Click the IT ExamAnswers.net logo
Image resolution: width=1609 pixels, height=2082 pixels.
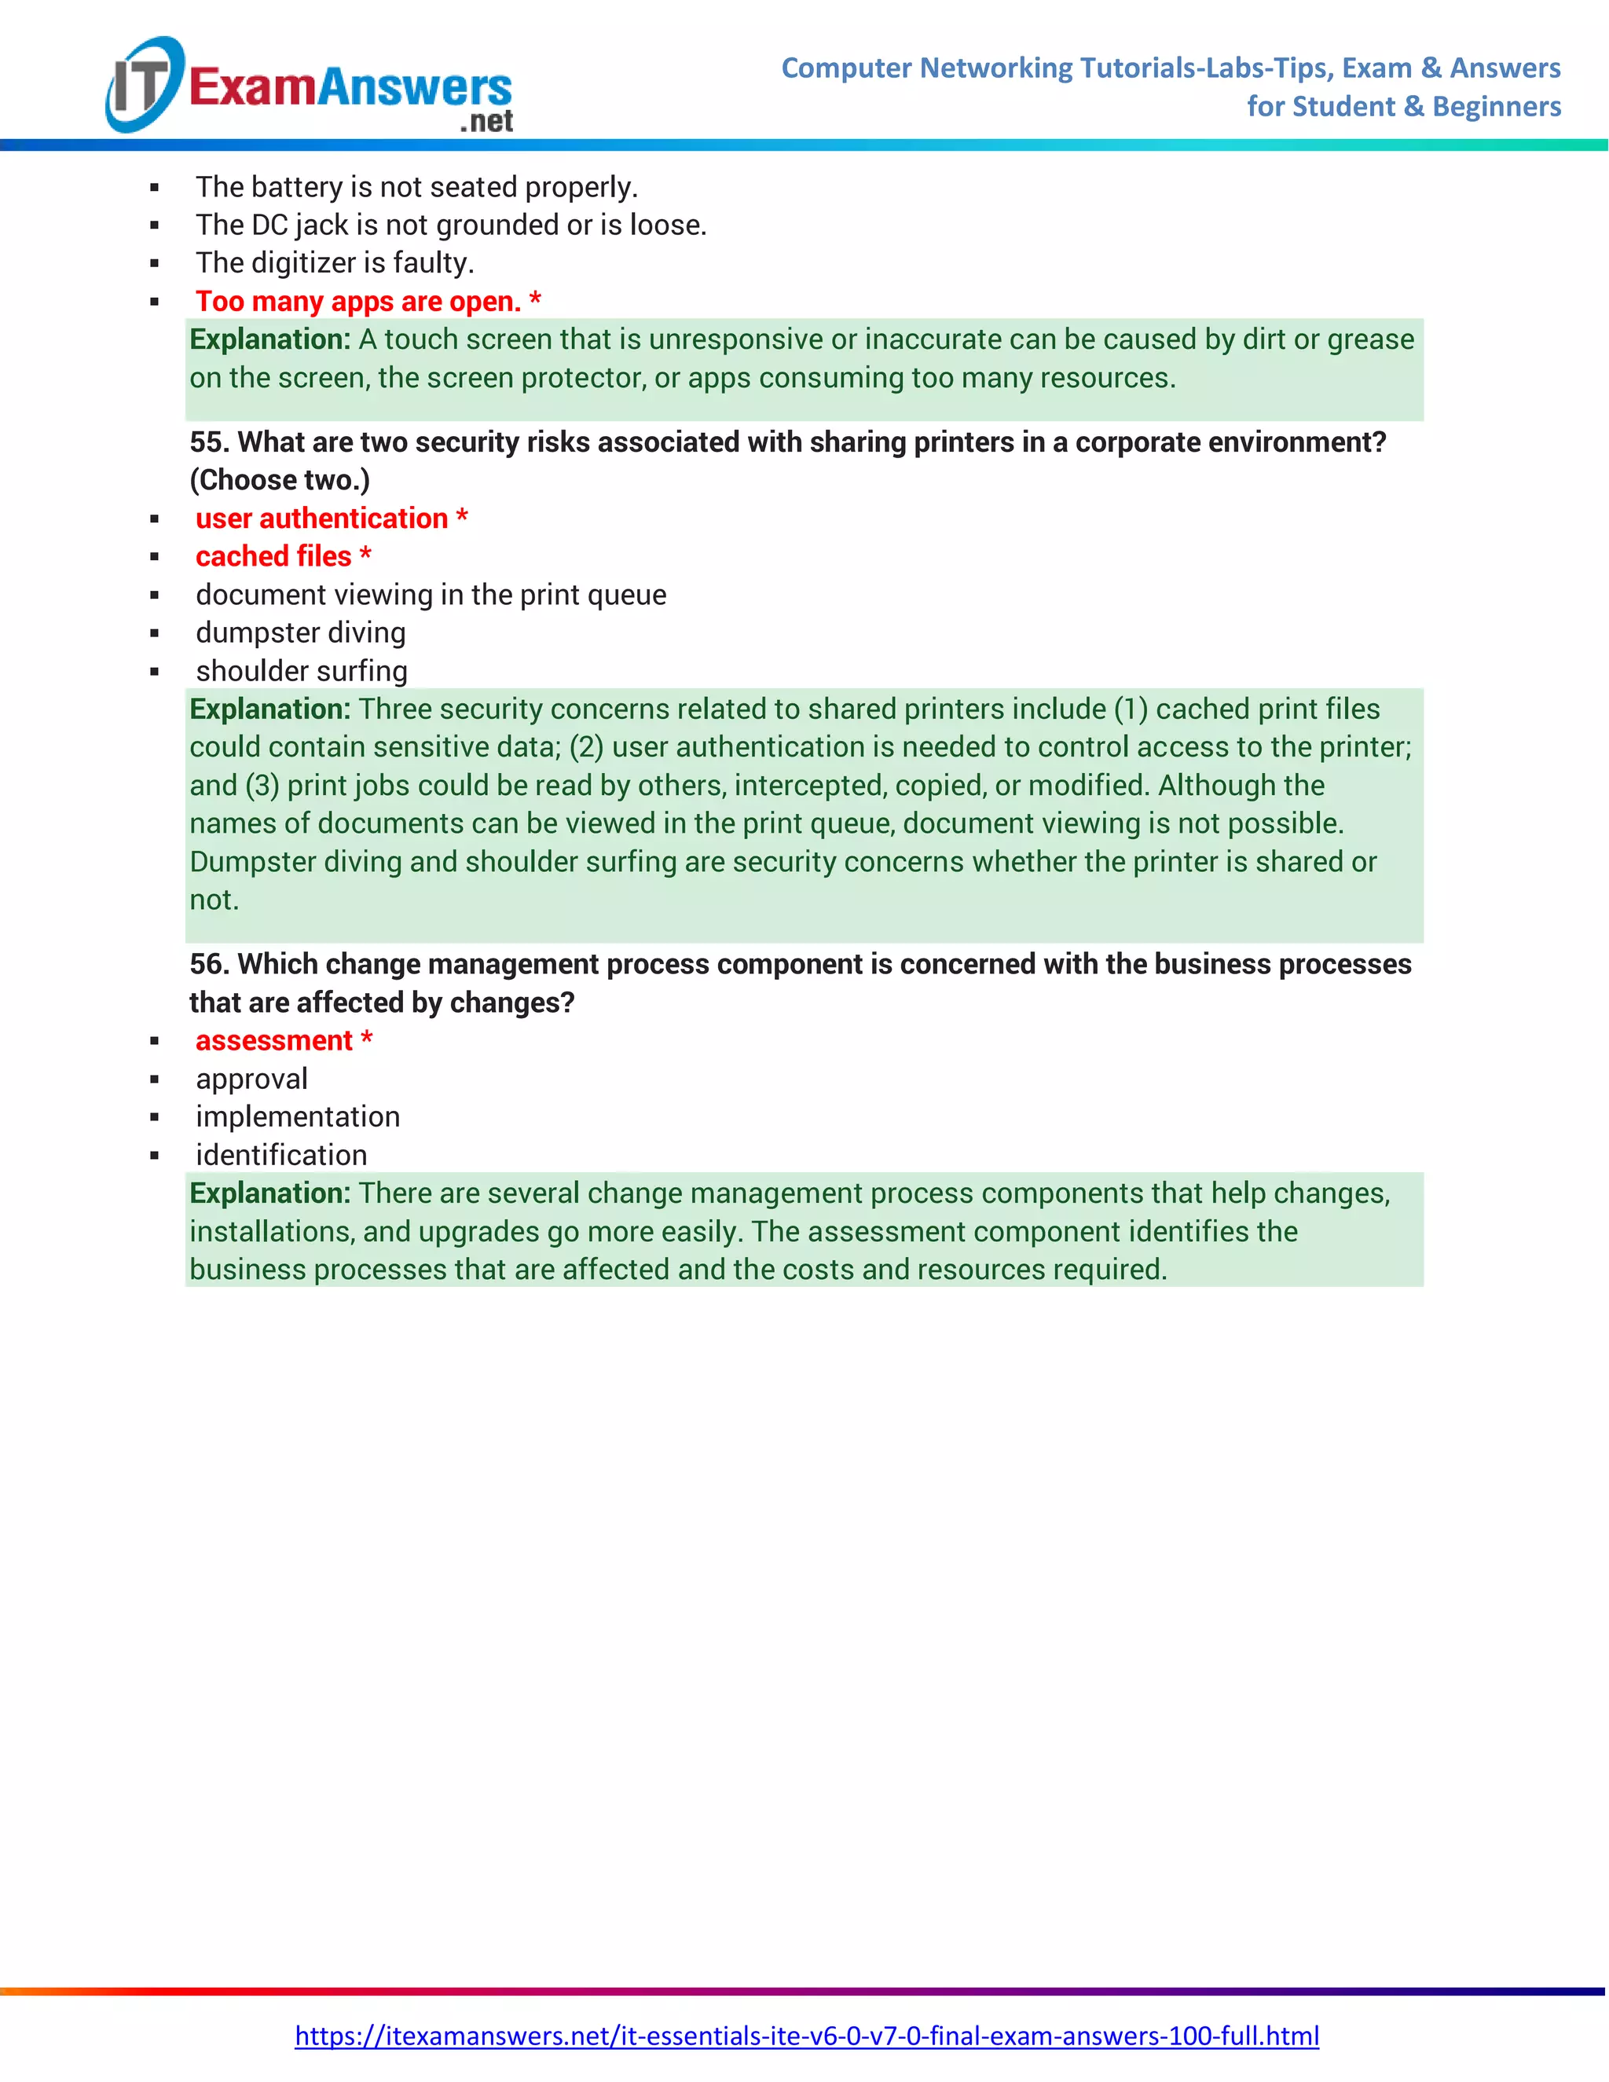(310, 86)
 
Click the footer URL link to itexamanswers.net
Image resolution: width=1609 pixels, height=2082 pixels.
(806, 2036)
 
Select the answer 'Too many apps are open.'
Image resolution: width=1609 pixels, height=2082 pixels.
(358, 301)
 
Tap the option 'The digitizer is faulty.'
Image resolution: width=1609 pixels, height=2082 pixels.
(335, 263)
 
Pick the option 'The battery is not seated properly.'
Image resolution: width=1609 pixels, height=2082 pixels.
(416, 187)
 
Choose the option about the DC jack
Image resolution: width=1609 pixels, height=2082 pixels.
(451, 225)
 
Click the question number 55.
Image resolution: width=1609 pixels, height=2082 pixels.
(207, 442)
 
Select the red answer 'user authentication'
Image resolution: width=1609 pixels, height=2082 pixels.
(321, 519)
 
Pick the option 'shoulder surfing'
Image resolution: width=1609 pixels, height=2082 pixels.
(301, 671)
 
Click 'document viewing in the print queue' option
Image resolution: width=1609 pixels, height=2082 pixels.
(431, 595)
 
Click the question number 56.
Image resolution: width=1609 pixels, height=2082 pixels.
(207, 965)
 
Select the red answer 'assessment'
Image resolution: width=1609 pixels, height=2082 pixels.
(273, 1041)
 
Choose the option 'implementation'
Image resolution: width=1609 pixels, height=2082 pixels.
(298, 1117)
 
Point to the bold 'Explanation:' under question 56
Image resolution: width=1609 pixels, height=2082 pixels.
(269, 1193)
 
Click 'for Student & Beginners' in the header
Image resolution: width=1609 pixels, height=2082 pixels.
(1403, 107)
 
